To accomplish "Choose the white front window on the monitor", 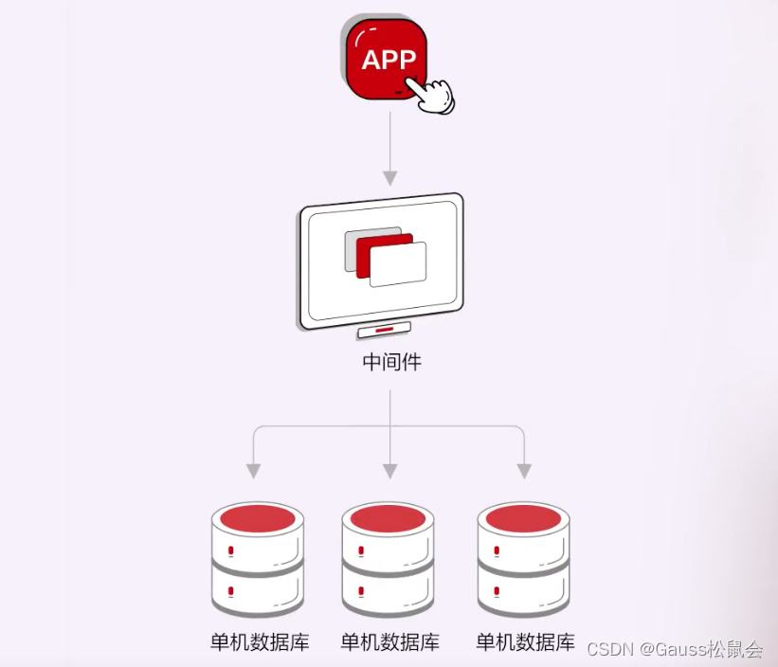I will pyautogui.click(x=398, y=265).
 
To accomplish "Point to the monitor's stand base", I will pyautogui.click(x=384, y=330).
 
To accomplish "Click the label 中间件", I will pyautogui.click(x=390, y=362).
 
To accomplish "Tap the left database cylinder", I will pyautogui.click(x=257, y=559).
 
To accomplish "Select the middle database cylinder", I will pyautogui.click(x=388, y=559).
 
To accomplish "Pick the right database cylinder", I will pyautogui.click(x=524, y=559).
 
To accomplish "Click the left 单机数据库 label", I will pyautogui.click(x=259, y=642).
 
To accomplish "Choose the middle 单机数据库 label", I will pyautogui.click(x=389, y=642).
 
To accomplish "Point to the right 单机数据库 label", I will pyautogui.click(x=525, y=642).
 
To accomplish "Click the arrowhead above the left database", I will pyautogui.click(x=253, y=470).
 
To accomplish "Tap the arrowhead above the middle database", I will pyautogui.click(x=389, y=470).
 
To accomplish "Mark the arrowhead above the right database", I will pyautogui.click(x=524, y=470).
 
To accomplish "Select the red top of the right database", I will pyautogui.click(x=524, y=517).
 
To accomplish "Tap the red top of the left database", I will pyautogui.click(x=257, y=517).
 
